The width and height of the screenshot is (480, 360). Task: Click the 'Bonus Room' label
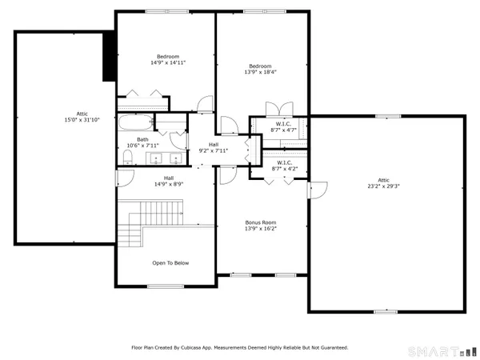260,222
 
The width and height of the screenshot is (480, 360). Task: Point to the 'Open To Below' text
170,262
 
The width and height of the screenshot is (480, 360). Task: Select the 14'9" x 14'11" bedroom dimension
168,62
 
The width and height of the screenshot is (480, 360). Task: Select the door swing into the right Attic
318,190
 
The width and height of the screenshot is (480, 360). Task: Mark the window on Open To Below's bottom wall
166,286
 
